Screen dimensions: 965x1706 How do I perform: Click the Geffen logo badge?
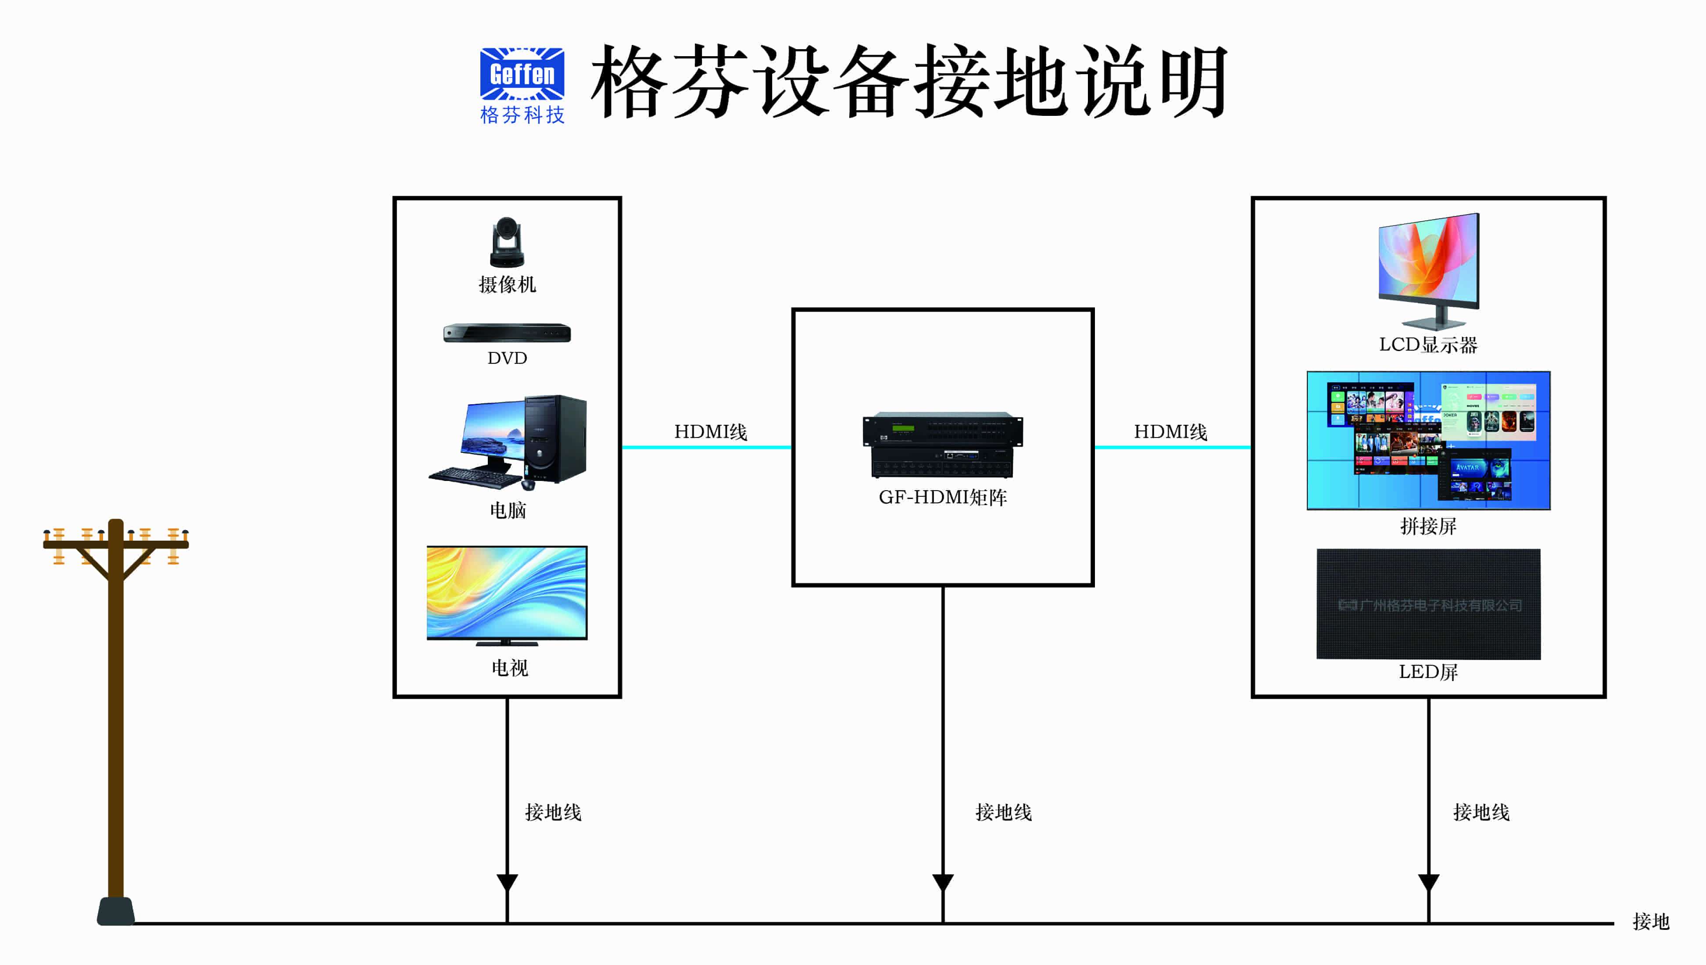pos(522,74)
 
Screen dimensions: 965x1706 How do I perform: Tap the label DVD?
pos(507,359)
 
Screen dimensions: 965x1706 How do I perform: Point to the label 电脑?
pos(508,510)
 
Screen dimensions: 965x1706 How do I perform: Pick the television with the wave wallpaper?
pos(507,594)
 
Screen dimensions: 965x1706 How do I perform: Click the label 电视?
pos(509,668)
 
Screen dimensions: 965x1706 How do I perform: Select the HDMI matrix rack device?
pos(942,445)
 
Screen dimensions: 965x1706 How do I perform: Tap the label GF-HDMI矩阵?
pos(942,498)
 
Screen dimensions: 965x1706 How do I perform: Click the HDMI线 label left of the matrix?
pos(710,432)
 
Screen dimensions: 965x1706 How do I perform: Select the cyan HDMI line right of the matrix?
pos(1172,447)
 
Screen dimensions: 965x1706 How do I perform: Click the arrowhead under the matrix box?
pos(942,882)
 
